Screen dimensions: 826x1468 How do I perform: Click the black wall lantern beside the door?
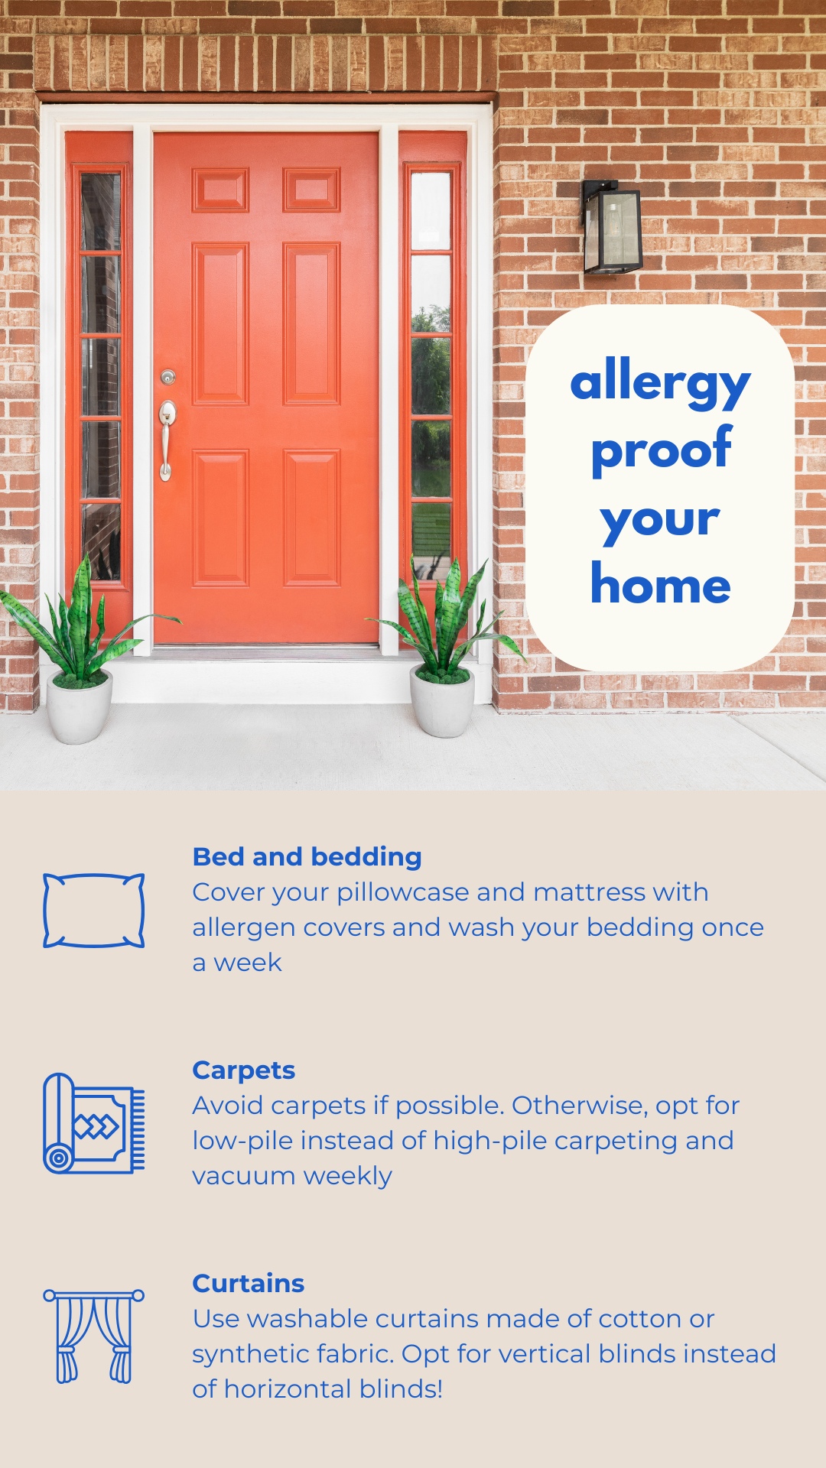[612, 227]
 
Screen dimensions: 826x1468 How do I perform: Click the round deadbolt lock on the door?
[167, 376]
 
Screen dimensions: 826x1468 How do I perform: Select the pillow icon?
[94, 911]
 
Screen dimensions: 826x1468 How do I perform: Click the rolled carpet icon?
[94, 1123]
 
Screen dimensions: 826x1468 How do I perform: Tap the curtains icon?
[94, 1336]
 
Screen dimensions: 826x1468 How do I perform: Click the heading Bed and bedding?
[307, 857]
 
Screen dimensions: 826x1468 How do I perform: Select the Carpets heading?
[244, 1071]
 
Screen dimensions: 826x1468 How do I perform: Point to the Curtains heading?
[249, 1283]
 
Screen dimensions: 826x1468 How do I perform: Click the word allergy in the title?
[661, 382]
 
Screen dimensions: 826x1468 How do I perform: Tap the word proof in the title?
[662, 450]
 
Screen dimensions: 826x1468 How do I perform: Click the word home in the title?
[661, 585]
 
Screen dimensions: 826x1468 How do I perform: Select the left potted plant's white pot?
[80, 708]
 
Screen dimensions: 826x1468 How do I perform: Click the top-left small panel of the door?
[220, 190]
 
